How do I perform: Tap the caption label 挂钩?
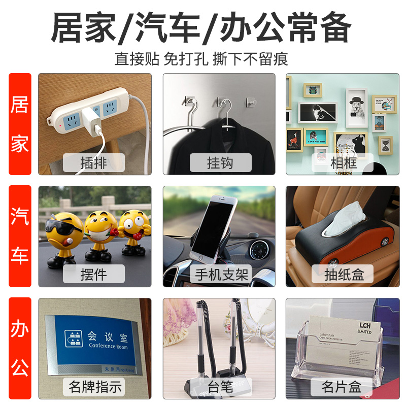pyautogui.click(x=221, y=163)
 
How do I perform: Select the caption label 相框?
pyautogui.click(x=343, y=163)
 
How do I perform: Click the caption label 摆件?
pyautogui.click(x=94, y=275)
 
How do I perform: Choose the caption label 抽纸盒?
pyautogui.click(x=344, y=275)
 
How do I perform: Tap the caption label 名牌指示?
pyautogui.click(x=95, y=387)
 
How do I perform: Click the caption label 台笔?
pyautogui.click(x=221, y=387)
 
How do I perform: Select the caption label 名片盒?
pyautogui.click(x=341, y=387)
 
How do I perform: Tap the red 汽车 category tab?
pyautogui.click(x=20, y=236)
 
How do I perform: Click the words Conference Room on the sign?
pyautogui.click(x=108, y=346)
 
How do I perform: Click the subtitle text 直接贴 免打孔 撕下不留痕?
pyautogui.click(x=201, y=58)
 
